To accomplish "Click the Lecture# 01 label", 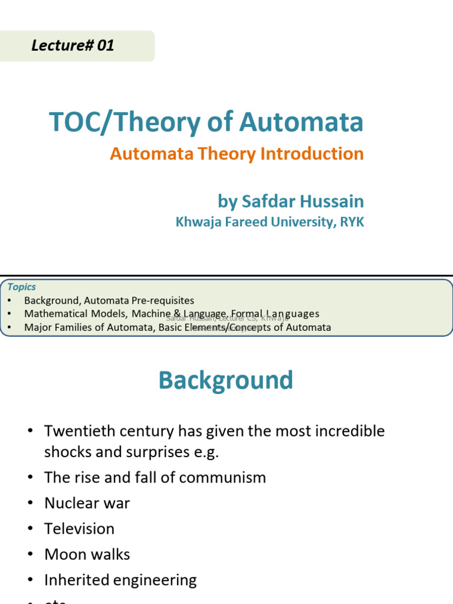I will (73, 45).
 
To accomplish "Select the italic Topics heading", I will (22, 287).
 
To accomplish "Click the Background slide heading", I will (225, 380).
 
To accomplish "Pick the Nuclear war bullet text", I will (87, 503).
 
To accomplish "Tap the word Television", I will (79, 528).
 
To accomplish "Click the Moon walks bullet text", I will (87, 554).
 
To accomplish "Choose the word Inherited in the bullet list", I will (76, 580).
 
